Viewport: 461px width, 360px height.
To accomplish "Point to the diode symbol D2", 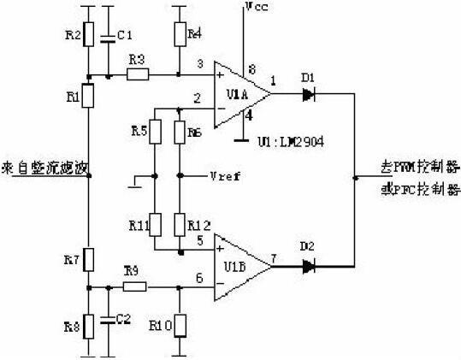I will [309, 266].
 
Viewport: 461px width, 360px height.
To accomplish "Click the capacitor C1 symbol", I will [109, 37].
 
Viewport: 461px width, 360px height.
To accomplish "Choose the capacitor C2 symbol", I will [109, 320].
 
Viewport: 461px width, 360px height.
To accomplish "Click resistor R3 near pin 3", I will [137, 75].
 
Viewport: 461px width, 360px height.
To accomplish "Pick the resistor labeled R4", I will [179, 34].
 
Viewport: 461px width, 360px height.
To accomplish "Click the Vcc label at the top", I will [256, 7].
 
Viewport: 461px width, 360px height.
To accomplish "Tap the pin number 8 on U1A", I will [251, 68].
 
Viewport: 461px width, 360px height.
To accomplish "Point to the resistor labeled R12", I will [179, 225].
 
